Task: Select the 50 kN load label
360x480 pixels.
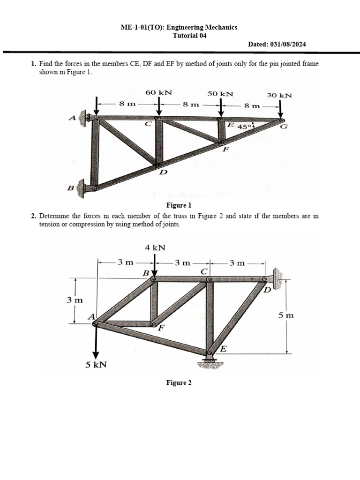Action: [220, 93]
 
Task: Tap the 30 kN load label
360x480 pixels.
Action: [279, 95]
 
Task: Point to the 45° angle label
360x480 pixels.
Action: [245, 127]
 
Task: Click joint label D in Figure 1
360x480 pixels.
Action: [163, 173]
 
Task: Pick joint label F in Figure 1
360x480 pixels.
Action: [226, 150]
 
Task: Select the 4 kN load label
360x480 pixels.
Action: [155, 247]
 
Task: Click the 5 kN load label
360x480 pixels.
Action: [96, 364]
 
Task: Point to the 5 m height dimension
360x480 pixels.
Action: [286, 316]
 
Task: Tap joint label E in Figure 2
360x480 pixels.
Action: [224, 349]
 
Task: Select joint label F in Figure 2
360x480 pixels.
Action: [160, 328]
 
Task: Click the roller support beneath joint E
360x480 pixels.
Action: [210, 360]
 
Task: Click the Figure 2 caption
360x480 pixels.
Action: [179, 383]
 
